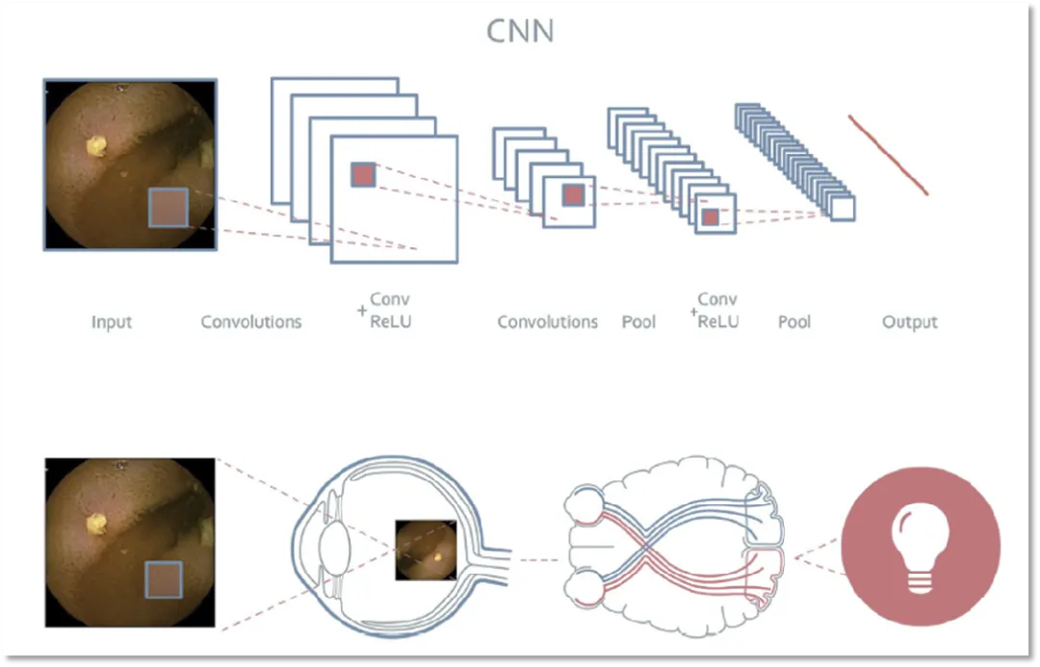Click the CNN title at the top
coord(520,31)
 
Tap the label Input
coord(112,322)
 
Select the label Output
coord(909,322)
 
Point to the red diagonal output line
coord(888,155)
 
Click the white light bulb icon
coord(920,548)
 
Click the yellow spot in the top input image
coord(96,145)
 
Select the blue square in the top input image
coord(168,208)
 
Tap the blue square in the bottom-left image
coord(163,581)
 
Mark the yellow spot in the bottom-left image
coord(96,523)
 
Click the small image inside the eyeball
coord(425,550)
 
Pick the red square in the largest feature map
coord(362,174)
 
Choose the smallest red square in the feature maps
coord(710,218)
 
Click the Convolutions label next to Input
coord(250,322)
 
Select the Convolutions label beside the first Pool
coord(547,322)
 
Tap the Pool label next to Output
coord(794,322)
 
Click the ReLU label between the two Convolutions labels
coord(390,321)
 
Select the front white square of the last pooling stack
coord(843,209)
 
